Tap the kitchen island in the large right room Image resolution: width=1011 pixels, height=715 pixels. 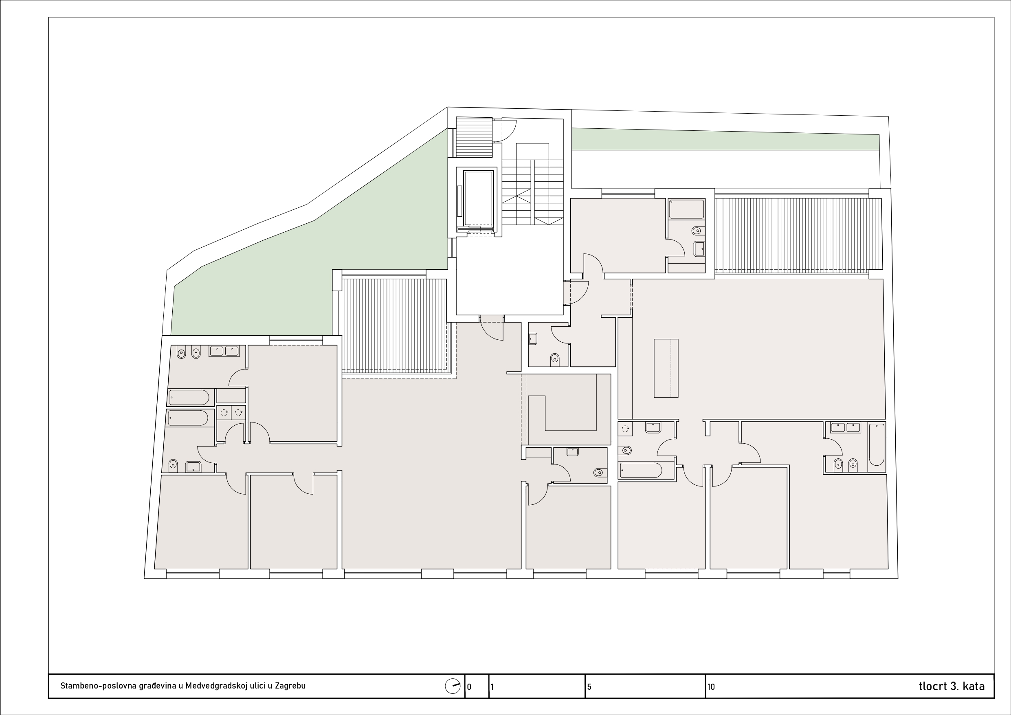click(x=666, y=368)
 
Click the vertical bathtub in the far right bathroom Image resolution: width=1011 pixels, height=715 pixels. click(x=877, y=444)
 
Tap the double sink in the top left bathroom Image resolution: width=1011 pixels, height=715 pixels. click(x=224, y=351)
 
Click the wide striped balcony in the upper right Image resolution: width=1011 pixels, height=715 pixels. click(x=798, y=234)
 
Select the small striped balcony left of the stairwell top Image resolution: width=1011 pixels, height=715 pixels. click(x=474, y=136)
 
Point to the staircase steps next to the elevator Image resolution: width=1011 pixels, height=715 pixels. click(x=532, y=192)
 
